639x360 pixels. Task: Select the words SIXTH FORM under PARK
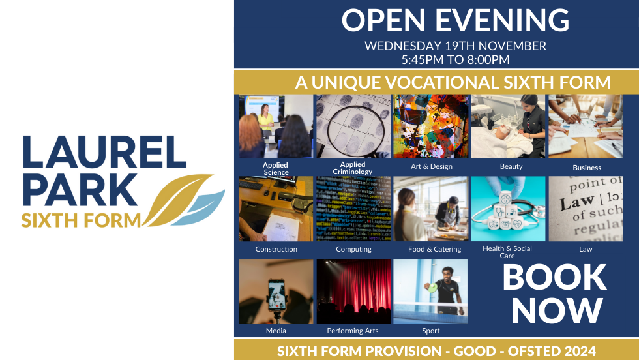(81, 220)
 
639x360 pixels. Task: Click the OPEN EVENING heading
(455, 21)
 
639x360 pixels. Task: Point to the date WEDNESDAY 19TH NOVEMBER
(455, 46)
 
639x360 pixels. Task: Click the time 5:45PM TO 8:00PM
(455, 59)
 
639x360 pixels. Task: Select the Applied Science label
(275, 168)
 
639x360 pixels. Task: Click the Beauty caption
(511, 166)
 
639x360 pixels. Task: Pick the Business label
(587, 168)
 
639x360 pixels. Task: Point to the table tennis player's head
(445, 271)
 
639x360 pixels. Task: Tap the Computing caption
(353, 249)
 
